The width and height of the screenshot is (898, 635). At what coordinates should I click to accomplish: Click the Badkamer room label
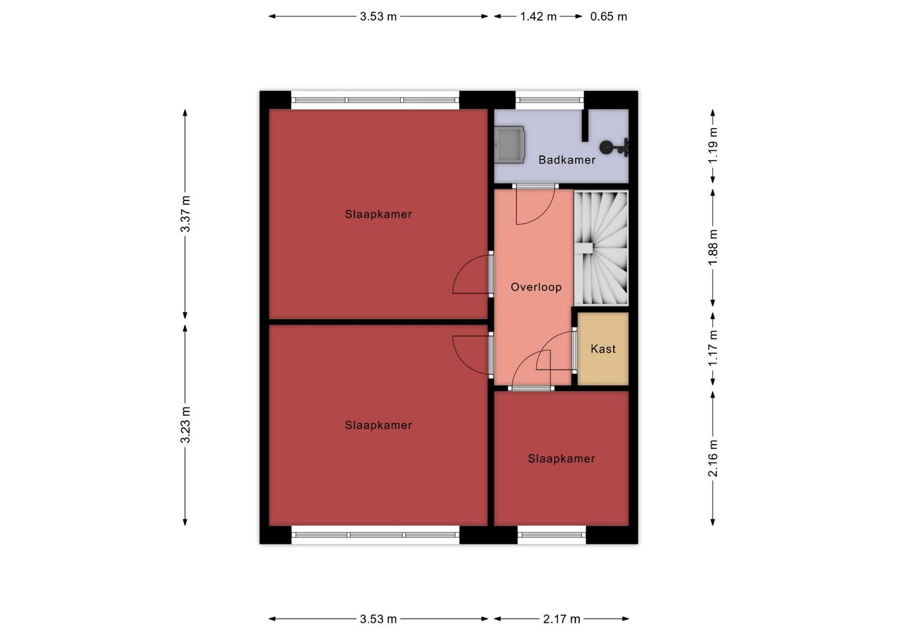pos(567,160)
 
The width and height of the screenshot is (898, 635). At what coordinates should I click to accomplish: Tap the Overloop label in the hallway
pos(536,287)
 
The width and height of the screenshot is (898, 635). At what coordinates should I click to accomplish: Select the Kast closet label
pos(603,349)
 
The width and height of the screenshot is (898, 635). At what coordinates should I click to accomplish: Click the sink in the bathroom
pos(509,145)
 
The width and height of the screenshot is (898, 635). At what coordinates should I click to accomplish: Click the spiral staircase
pos(601,248)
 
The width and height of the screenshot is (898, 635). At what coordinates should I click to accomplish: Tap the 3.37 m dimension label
pos(185,214)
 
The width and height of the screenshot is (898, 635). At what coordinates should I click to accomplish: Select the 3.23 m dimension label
pos(185,425)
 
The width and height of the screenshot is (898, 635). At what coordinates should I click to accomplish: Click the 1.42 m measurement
pos(538,16)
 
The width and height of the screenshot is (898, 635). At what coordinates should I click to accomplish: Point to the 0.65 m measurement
pos(608,16)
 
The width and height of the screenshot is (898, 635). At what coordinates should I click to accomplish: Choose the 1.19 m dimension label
pos(713,145)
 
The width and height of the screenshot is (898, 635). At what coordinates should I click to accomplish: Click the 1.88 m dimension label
pos(713,247)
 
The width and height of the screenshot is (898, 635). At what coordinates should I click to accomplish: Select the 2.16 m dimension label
pos(713,458)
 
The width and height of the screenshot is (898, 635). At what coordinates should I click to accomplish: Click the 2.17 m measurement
pos(561,619)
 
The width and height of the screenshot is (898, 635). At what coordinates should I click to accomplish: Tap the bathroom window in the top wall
pos(549,100)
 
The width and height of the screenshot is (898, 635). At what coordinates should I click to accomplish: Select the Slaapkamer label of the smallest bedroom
pos(561,459)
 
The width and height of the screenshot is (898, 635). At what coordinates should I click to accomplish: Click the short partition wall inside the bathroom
pos(585,125)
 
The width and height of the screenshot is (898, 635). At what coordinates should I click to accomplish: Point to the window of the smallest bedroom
pos(552,534)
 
